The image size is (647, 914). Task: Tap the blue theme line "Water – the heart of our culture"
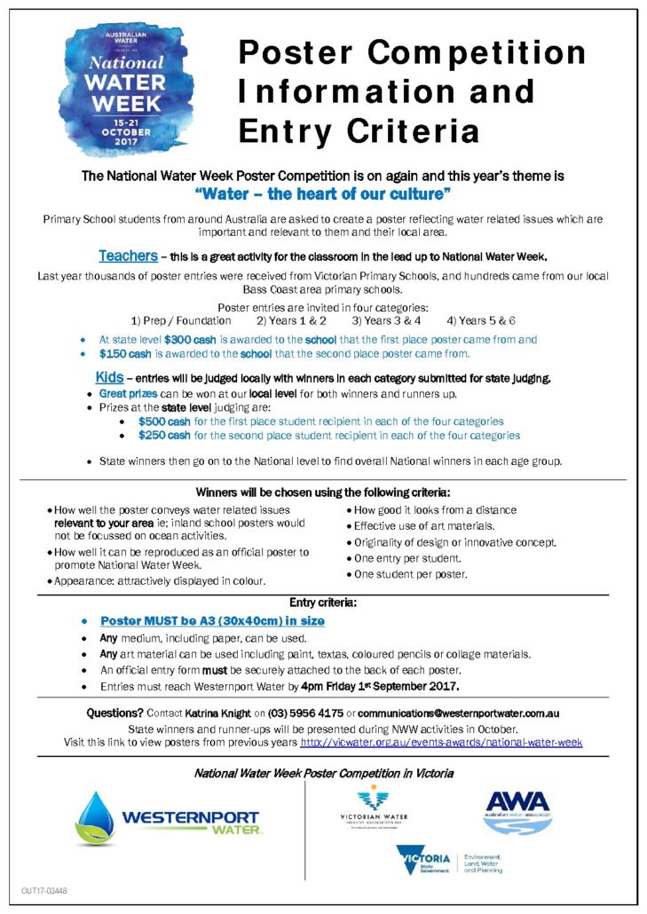[x=323, y=192]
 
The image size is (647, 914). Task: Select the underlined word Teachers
[x=128, y=256]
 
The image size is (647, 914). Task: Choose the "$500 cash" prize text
[x=164, y=422]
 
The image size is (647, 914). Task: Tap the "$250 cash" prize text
[x=164, y=436]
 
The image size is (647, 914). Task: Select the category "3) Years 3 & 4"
[x=386, y=320]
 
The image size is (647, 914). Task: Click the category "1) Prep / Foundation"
[x=181, y=320]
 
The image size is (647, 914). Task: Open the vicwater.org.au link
[x=441, y=741]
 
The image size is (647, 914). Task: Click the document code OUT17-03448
[x=44, y=890]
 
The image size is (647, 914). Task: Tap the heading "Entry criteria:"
[x=323, y=603]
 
